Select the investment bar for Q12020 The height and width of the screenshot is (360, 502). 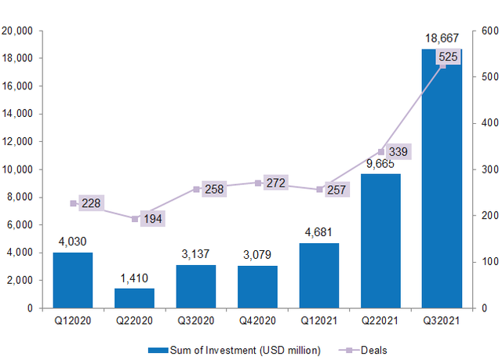pyautogui.click(x=72, y=280)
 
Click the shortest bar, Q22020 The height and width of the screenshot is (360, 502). pyautogui.click(x=134, y=298)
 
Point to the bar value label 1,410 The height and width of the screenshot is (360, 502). pyautogui.click(x=135, y=277)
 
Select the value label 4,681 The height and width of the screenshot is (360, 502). pyautogui.click(x=319, y=231)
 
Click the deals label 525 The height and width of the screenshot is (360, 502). pyautogui.click(x=449, y=57)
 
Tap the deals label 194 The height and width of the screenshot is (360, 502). pyautogui.click(x=153, y=219)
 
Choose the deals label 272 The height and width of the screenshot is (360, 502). pyautogui.click(x=275, y=183)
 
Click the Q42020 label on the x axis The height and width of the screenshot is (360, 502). pyautogui.click(x=258, y=321)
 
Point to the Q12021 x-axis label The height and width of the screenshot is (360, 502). pyautogui.click(x=319, y=321)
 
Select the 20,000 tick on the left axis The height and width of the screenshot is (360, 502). pyautogui.click(x=17, y=31)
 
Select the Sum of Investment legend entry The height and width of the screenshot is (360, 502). pyautogui.click(x=246, y=350)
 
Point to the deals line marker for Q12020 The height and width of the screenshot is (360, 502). pyautogui.click(x=73, y=203)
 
